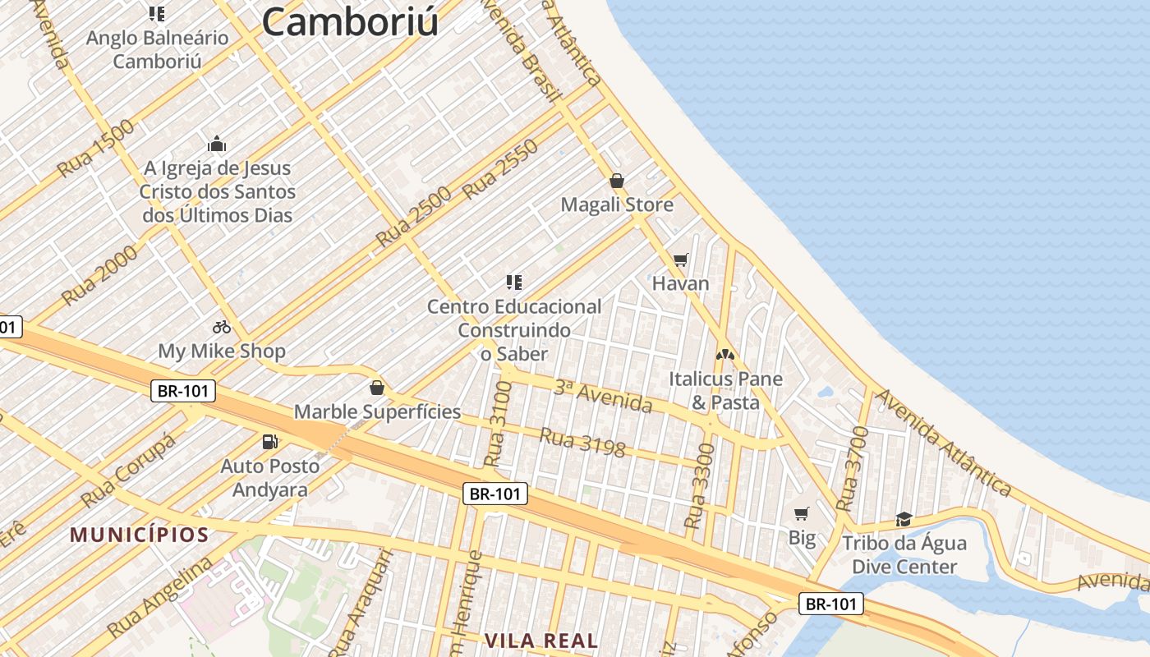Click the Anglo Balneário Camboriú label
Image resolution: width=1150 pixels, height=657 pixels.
point(157,49)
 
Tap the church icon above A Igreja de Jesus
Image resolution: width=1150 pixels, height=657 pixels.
point(217,145)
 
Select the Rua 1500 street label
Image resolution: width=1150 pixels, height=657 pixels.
point(95,149)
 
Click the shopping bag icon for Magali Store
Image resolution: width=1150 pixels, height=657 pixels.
point(617,181)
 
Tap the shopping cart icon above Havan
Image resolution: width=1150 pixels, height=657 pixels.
point(680,260)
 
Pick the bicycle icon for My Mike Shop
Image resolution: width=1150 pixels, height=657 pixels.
point(221,327)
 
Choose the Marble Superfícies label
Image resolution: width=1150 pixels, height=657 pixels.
point(377,411)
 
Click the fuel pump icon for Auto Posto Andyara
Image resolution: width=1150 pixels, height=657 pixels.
point(269,442)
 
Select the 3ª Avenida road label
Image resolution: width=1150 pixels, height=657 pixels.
point(603,397)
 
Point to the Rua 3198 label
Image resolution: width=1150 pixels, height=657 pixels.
point(582,443)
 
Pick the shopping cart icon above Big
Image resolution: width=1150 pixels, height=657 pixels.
point(802,514)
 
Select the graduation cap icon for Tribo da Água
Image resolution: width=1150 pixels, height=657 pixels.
point(904,519)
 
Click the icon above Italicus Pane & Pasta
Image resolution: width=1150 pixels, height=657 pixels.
point(724,355)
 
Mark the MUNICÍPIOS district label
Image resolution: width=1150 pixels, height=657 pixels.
point(139,535)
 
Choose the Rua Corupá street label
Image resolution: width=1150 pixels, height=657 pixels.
point(129,471)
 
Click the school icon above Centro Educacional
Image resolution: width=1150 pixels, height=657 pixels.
point(514,283)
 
